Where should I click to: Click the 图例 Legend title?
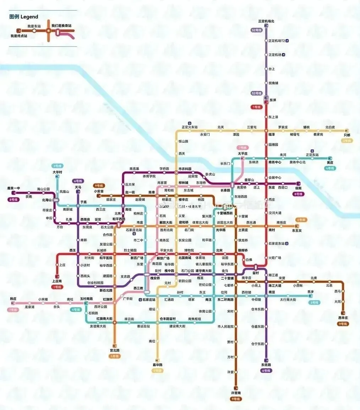(24, 17)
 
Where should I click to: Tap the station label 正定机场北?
(266, 21)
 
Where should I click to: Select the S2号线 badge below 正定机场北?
(256, 30)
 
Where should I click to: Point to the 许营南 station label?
(236, 393)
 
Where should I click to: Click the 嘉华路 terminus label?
(157, 365)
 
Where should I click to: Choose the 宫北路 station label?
(114, 350)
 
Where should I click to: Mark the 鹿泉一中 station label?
(14, 188)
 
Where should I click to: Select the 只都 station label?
(347, 135)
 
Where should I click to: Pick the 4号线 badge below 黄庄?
(330, 168)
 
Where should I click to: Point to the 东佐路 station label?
(266, 365)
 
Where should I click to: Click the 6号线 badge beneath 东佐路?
(266, 371)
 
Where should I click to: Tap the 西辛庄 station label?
(343, 318)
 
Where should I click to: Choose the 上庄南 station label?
(57, 281)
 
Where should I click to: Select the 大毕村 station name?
(57, 172)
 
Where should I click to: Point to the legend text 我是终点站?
(19, 36)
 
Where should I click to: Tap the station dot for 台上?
(266, 69)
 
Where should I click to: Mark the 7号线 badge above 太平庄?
(243, 147)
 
